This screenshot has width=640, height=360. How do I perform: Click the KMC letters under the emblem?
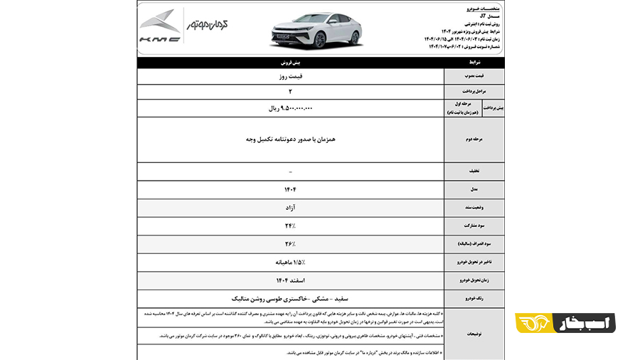(x=159, y=40)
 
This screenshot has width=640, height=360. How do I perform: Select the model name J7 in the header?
(x=483, y=15)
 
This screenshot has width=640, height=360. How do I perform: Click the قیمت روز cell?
(x=290, y=76)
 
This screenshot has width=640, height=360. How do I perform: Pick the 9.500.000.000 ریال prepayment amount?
(x=290, y=108)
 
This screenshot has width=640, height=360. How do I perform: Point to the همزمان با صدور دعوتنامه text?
(x=290, y=139)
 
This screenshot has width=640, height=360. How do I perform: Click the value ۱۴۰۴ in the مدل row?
(x=290, y=189)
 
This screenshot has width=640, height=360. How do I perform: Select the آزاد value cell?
(x=290, y=208)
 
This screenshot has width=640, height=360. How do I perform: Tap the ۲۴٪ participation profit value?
(x=290, y=226)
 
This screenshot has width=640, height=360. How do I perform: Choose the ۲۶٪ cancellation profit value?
(x=290, y=244)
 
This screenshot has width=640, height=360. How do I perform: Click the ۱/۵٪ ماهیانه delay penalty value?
(x=290, y=262)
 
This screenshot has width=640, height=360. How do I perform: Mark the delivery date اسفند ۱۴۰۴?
(x=290, y=280)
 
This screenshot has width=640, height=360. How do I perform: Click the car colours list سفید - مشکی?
(x=290, y=299)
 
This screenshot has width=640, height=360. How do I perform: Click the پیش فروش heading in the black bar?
(x=290, y=63)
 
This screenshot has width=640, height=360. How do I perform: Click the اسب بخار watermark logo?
(x=565, y=322)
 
